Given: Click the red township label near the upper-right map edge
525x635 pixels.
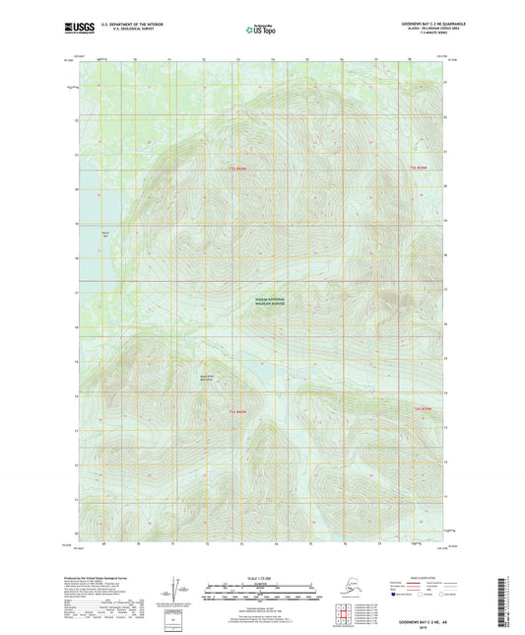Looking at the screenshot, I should [x=421, y=169].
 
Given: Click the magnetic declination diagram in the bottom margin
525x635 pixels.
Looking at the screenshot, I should [x=179, y=589].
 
